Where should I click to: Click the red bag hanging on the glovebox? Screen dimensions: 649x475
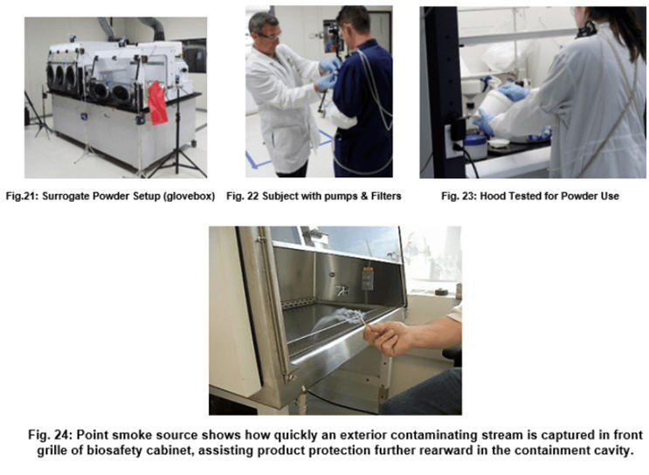click(157, 103)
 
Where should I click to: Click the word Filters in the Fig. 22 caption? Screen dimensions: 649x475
click(386, 196)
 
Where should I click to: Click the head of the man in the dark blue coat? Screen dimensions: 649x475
click(352, 24)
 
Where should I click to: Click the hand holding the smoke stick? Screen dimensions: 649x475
click(388, 337)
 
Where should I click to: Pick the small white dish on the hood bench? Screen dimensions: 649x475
click(499, 142)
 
